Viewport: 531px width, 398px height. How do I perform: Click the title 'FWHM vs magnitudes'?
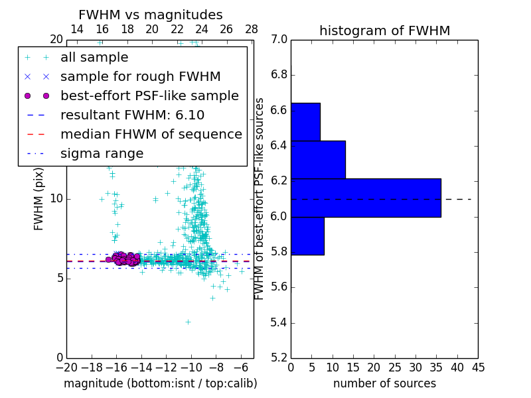coord(151,15)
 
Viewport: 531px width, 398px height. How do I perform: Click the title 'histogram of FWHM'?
coord(384,31)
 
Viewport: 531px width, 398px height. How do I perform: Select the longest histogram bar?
coord(366,198)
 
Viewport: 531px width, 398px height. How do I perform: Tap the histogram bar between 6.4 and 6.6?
coord(305,121)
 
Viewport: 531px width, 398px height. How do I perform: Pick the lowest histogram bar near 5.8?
coord(307,235)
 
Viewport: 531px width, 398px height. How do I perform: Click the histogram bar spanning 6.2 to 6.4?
coord(318,159)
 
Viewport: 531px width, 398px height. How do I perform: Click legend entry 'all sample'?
coord(94,58)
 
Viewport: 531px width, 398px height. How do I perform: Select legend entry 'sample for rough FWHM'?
coord(140,77)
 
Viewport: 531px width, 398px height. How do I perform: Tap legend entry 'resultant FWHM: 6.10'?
coord(132,115)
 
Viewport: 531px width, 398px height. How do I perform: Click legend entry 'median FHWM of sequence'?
coord(151,135)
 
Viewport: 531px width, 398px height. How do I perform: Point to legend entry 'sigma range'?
coord(102,154)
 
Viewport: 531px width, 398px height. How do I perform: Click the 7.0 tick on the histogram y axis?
coord(279,40)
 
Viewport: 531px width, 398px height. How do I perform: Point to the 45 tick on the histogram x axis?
coord(478,367)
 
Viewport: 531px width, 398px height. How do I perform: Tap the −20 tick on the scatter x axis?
coord(66,367)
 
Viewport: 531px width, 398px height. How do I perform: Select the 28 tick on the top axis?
coord(252,29)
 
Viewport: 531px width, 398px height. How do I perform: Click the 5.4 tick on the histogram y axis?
coord(279,323)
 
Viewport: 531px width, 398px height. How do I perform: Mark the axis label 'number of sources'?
coord(384,383)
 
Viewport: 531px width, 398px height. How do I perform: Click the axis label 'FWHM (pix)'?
coord(39,198)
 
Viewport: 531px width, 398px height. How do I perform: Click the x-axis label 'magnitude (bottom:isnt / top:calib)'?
coord(160,383)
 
